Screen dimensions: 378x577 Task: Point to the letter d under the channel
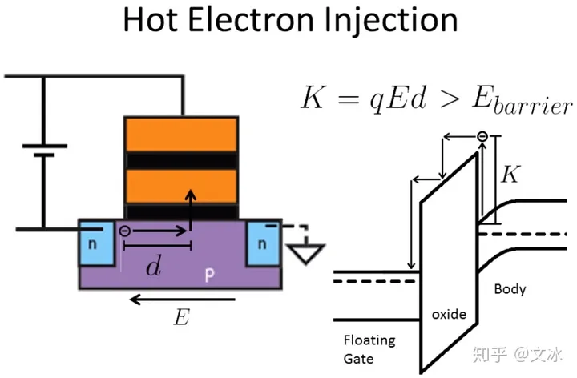click(151, 267)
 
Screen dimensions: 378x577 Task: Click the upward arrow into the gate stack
click(190, 210)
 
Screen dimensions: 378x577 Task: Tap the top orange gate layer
click(180, 134)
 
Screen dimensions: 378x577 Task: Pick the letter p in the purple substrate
click(209, 275)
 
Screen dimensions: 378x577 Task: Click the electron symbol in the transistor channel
click(126, 231)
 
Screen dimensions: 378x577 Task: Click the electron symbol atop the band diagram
click(482, 137)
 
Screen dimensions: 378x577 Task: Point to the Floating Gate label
click(369, 348)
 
